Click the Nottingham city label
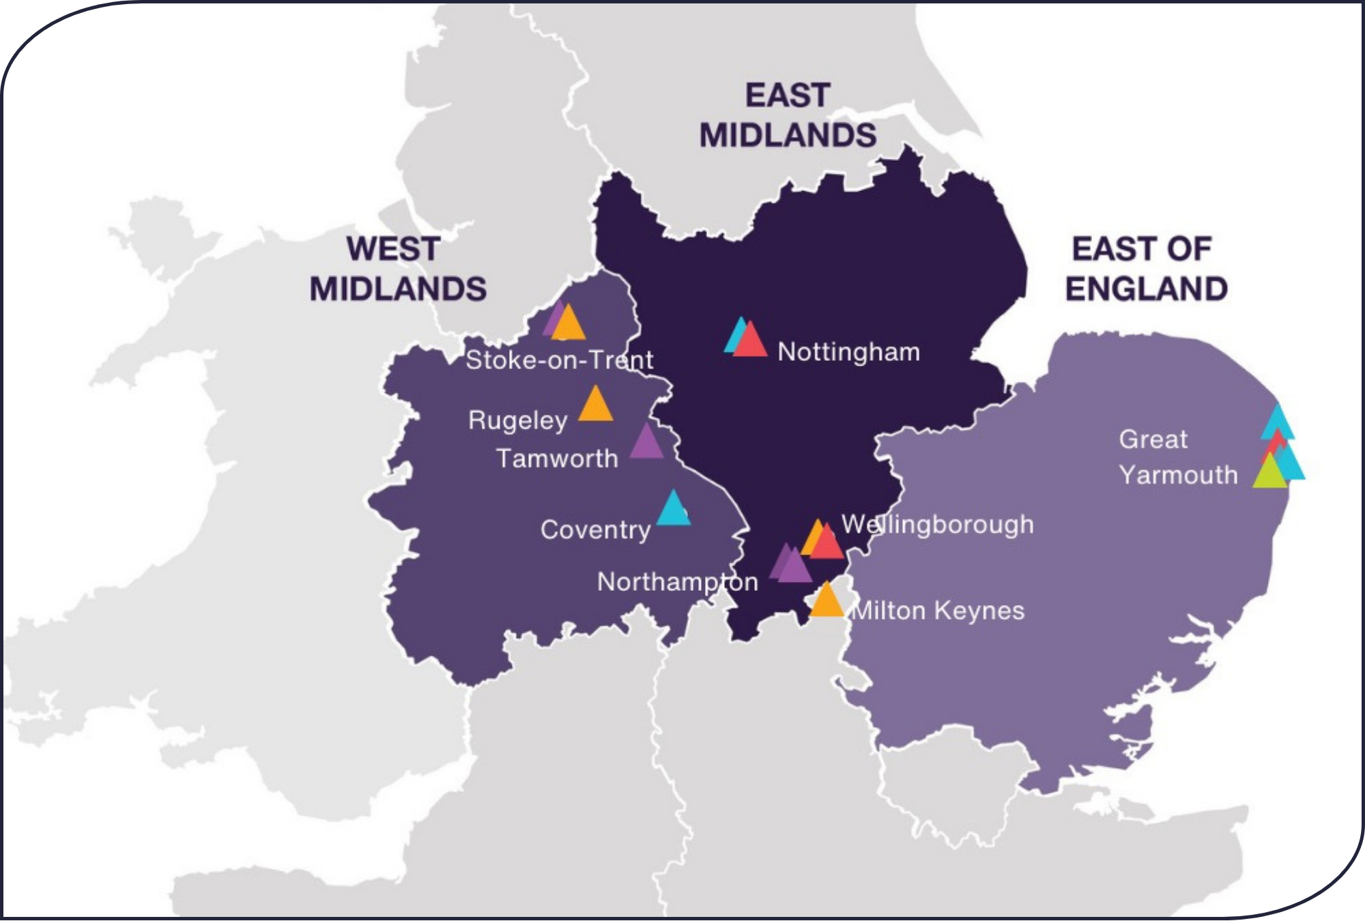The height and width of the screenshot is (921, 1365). (x=848, y=352)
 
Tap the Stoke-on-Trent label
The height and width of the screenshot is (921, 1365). (x=559, y=360)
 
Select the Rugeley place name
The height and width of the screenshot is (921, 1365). (x=517, y=420)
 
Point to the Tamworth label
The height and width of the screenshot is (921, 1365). (x=557, y=458)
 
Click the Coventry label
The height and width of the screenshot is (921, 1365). (x=595, y=530)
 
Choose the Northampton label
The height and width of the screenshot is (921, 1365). (x=677, y=582)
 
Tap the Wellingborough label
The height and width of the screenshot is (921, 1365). (x=938, y=525)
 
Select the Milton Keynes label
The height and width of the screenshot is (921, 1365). (x=939, y=611)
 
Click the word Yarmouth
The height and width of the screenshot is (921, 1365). (x=1178, y=475)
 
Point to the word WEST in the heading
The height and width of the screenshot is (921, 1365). (x=392, y=249)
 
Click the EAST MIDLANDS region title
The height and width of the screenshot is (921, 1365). (x=788, y=115)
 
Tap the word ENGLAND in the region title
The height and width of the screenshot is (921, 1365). (x=1147, y=289)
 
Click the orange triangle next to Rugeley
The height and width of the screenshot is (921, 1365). (x=595, y=405)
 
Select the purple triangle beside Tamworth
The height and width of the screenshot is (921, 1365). (x=646, y=442)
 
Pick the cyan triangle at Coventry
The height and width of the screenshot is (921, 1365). (x=673, y=510)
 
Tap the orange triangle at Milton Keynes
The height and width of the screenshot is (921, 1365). (x=827, y=601)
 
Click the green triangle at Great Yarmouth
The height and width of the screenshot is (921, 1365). (x=1269, y=473)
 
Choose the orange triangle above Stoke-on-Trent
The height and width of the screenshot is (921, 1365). (x=569, y=325)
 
